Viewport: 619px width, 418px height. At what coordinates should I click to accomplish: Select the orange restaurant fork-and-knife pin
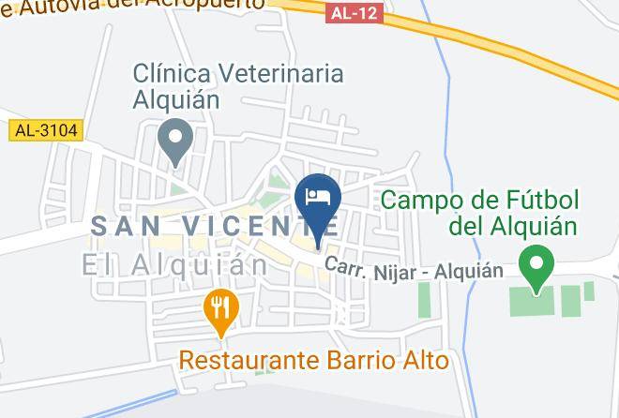(x=220, y=308)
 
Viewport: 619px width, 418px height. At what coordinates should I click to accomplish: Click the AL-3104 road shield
(x=44, y=131)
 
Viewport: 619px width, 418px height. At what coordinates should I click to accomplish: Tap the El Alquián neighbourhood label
(x=174, y=265)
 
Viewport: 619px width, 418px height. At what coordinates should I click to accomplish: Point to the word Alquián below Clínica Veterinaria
(x=175, y=99)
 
